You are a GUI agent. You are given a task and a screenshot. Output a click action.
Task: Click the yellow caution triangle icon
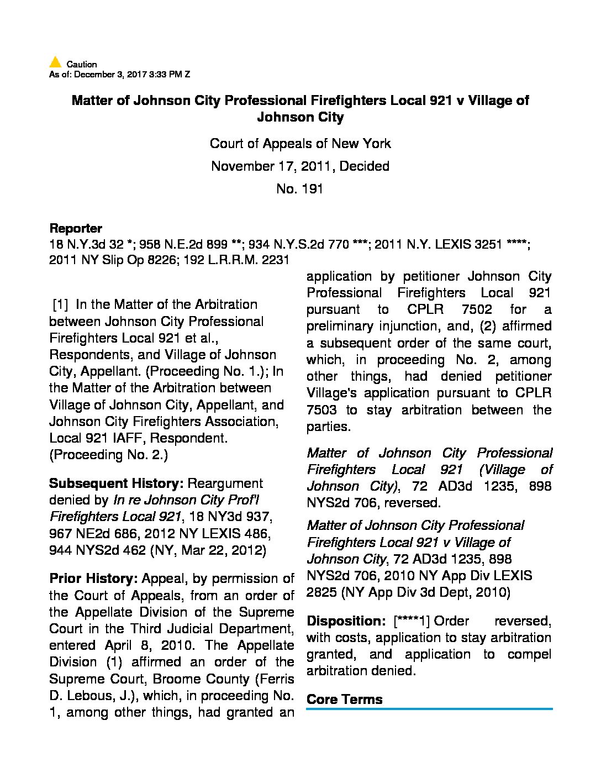tap(55, 62)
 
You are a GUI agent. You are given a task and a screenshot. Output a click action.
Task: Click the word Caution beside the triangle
tap(82, 64)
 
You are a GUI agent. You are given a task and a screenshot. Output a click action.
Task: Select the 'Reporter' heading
tap(76, 228)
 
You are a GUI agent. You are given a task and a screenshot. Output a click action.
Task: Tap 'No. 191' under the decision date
tap(300, 189)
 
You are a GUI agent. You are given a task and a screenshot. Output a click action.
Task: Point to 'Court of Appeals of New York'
tap(300, 144)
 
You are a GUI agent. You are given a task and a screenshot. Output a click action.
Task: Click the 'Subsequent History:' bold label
tap(116, 483)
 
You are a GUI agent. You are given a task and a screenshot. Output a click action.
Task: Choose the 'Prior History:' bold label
tap(93, 579)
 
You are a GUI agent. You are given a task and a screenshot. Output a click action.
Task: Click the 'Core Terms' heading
tap(344, 699)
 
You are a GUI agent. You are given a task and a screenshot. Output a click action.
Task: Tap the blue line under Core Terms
tap(429, 709)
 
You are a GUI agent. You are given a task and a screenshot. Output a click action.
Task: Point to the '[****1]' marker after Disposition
tap(412, 621)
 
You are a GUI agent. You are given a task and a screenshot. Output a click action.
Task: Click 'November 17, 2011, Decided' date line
tap(300, 166)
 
